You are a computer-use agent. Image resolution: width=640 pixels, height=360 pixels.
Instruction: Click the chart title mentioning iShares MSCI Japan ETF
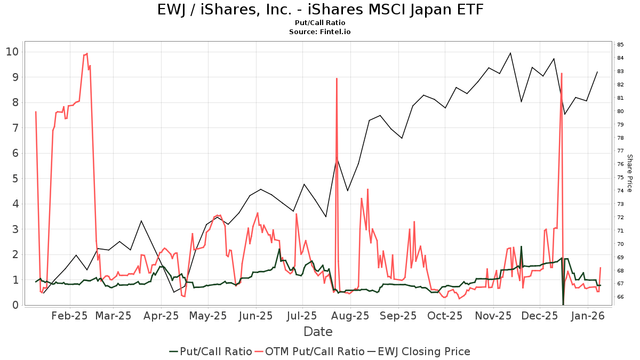(320, 10)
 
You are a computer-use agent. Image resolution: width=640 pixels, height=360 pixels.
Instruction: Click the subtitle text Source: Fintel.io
(320, 32)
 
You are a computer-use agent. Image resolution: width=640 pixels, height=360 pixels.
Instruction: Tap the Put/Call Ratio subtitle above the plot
(320, 23)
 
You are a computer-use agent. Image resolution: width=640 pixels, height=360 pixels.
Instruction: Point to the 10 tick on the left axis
(13, 52)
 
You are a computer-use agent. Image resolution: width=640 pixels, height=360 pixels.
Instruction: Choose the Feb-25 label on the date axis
(69, 316)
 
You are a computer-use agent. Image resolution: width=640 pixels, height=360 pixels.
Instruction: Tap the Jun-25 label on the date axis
(256, 316)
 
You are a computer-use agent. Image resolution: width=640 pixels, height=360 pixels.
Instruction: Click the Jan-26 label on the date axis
(587, 316)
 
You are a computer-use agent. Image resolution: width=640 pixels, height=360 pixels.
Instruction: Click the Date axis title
(318, 332)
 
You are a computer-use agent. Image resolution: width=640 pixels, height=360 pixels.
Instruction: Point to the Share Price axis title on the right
(629, 173)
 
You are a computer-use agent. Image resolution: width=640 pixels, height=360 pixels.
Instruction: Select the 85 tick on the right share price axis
(620, 44)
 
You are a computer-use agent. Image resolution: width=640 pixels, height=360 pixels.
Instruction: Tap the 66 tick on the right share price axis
(620, 297)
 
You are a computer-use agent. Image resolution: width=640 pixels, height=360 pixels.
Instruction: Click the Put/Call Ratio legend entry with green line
(211, 351)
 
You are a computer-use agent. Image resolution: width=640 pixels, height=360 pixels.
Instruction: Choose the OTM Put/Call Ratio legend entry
(309, 351)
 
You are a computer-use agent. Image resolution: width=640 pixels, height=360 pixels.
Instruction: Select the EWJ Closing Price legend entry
(424, 351)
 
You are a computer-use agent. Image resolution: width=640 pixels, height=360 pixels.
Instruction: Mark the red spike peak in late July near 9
(337, 78)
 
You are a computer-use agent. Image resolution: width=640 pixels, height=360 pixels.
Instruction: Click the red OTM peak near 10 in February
(87, 53)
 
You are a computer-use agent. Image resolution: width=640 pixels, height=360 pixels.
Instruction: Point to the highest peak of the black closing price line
(510, 53)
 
